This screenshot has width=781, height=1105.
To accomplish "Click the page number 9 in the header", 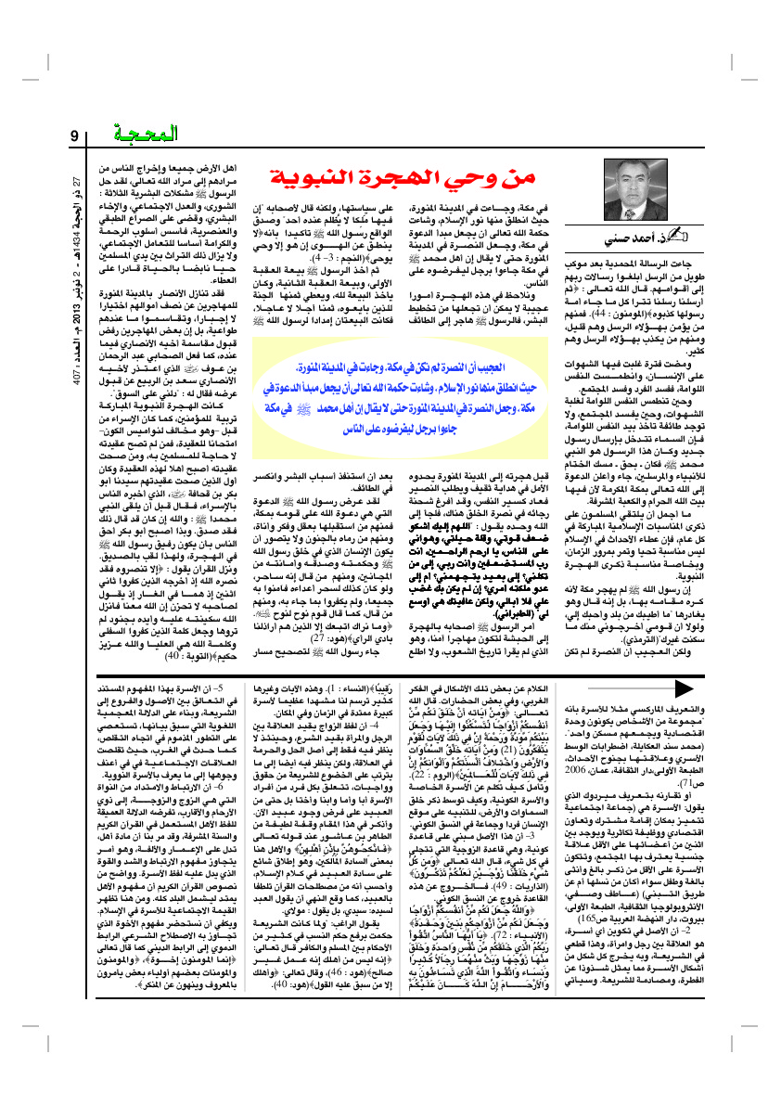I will (x=74, y=138).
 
